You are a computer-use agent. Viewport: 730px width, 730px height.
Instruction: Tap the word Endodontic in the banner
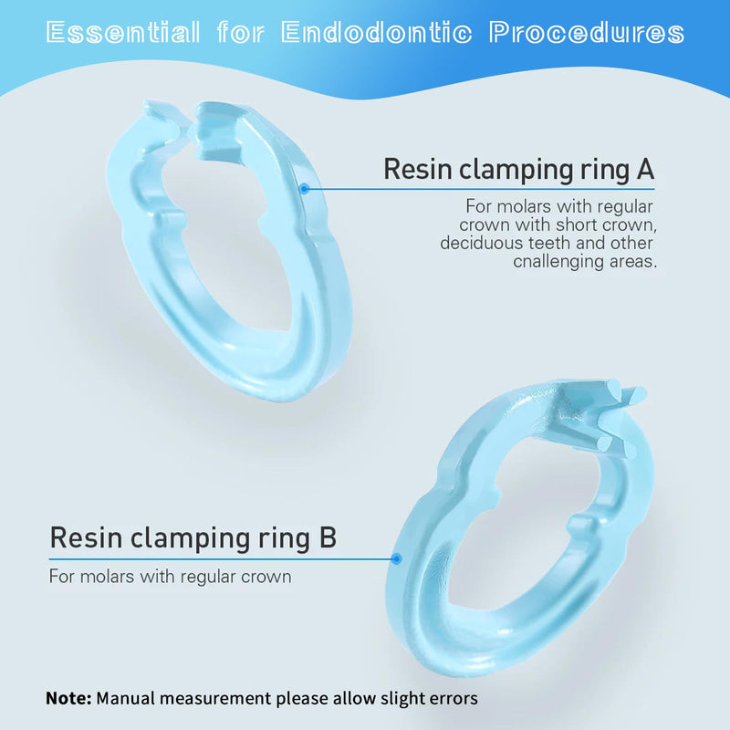coord(377,34)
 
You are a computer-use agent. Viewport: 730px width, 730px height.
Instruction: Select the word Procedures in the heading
coord(587,34)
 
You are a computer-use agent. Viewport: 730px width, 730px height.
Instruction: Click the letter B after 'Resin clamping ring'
coord(327,537)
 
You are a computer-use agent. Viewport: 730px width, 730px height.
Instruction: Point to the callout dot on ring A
coord(305,189)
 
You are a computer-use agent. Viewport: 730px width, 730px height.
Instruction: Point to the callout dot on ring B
coord(396,558)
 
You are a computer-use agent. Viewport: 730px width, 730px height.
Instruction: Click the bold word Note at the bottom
coord(68,698)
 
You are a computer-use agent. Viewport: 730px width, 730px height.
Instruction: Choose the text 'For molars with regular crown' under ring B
coord(170,577)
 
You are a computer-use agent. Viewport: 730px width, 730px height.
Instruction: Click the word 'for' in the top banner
coord(240,34)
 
